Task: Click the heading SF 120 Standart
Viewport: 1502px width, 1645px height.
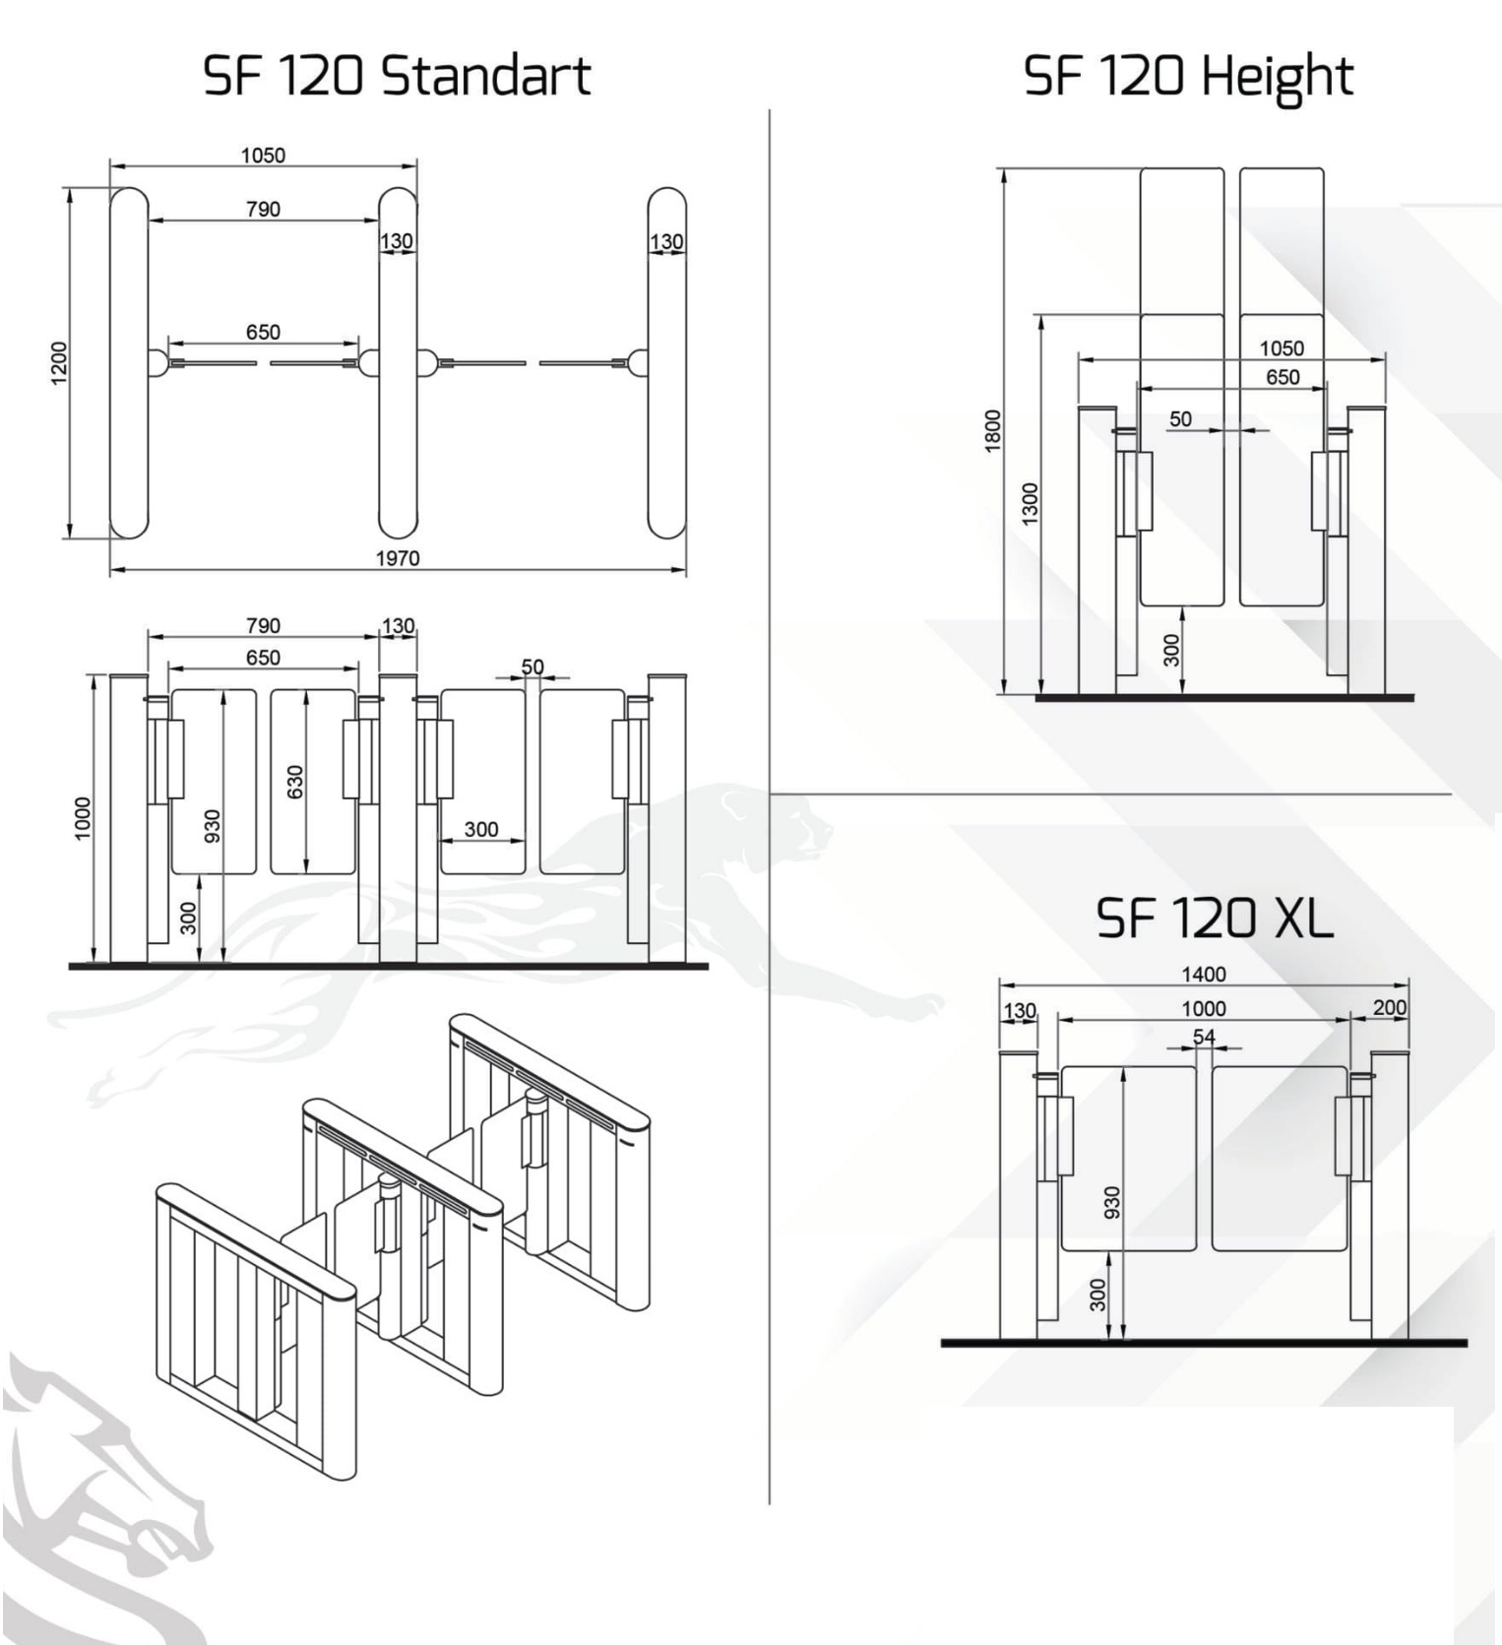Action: click(x=396, y=76)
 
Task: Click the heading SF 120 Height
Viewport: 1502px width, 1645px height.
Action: click(x=1188, y=76)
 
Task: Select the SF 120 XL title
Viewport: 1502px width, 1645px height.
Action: click(x=1214, y=917)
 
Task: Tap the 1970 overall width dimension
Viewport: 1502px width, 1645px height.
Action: click(x=398, y=558)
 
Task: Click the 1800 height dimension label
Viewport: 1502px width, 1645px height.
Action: click(x=992, y=430)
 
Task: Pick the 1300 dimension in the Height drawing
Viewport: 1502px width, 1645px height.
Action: click(x=1030, y=503)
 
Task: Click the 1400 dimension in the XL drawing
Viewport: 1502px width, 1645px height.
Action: click(x=1203, y=974)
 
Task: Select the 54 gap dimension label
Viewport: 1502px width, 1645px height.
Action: click(x=1204, y=1036)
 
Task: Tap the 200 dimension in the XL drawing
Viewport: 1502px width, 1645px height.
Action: click(x=1389, y=1007)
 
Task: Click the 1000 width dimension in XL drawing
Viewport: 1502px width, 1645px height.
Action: click(x=1203, y=1008)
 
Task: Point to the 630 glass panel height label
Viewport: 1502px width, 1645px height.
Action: click(x=295, y=782)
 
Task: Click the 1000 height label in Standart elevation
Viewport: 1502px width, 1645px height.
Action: click(x=83, y=818)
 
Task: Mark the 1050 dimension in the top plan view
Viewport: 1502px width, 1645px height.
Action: click(x=263, y=155)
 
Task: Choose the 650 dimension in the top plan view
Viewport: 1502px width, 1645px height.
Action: click(x=263, y=332)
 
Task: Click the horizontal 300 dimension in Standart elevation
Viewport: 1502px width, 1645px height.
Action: click(x=480, y=829)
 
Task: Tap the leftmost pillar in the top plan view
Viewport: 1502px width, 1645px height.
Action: click(x=129, y=364)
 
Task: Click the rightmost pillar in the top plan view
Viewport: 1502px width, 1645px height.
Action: click(x=666, y=364)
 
